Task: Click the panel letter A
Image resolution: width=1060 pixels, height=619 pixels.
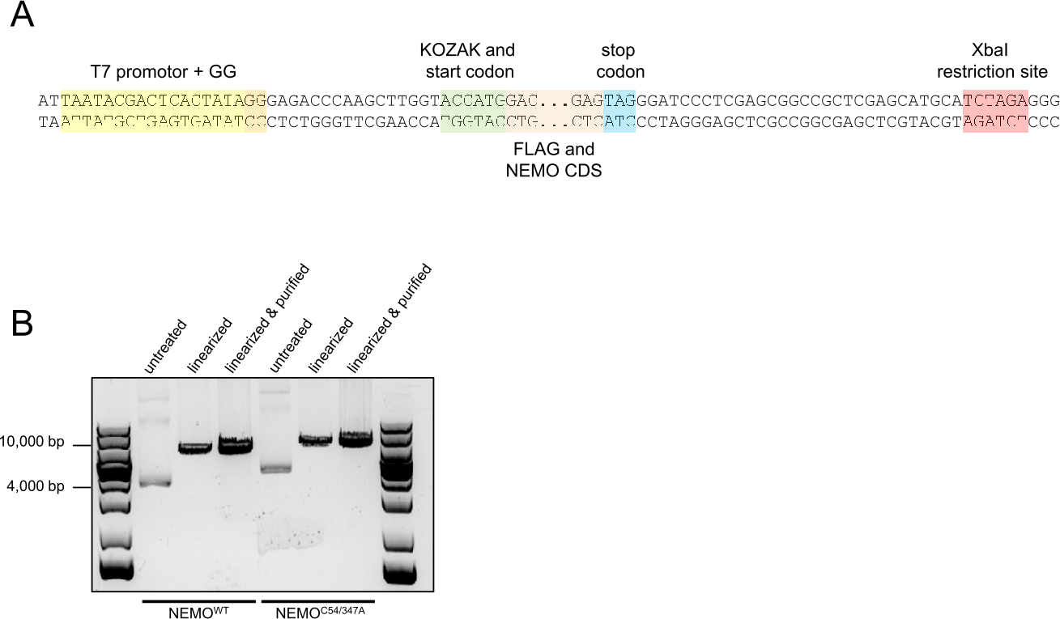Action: [22, 16]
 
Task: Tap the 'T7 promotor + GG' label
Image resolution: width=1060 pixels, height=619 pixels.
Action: [165, 72]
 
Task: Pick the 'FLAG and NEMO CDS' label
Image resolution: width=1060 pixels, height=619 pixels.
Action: [554, 159]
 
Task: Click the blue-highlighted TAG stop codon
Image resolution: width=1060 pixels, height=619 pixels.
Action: [620, 101]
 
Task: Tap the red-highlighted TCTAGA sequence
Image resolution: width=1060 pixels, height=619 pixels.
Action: [995, 101]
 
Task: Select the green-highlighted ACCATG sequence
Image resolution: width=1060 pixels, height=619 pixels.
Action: [473, 101]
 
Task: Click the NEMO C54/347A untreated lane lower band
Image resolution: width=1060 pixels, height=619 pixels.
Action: [275, 468]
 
